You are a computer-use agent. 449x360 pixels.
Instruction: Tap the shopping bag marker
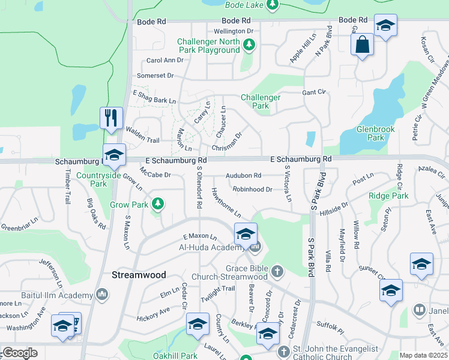(363, 45)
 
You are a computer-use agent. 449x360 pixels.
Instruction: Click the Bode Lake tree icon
(272, 5)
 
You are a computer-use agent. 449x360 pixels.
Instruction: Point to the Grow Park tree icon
(158, 205)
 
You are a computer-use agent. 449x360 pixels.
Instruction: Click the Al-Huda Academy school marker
(246, 235)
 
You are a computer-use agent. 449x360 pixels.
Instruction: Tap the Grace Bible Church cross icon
(277, 272)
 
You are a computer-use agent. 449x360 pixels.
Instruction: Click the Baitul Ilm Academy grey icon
(102, 294)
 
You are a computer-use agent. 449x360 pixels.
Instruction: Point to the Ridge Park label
(388, 196)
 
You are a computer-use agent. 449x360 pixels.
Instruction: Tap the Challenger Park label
(261, 101)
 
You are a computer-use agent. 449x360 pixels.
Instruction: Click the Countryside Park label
(100, 179)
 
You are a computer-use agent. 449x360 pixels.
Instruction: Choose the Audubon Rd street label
(244, 176)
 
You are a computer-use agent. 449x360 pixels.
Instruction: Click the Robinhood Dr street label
(253, 190)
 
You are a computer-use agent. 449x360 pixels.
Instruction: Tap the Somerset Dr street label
(155, 76)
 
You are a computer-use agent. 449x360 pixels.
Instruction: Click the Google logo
(19, 353)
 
